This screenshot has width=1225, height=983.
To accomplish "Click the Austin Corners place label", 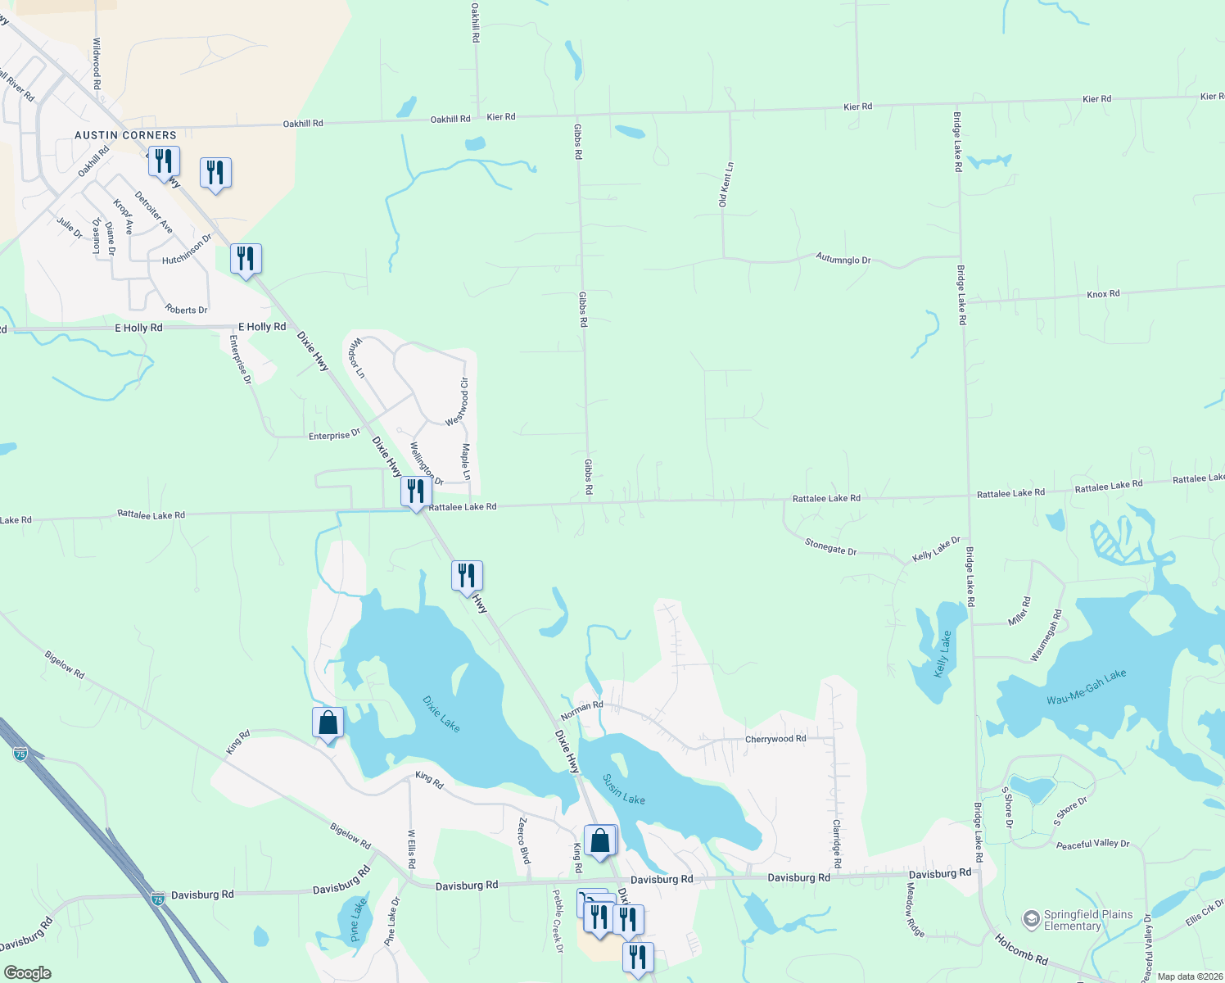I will coord(125,135).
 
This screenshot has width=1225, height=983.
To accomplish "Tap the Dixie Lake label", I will coord(441,713).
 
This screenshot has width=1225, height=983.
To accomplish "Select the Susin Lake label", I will coord(623,789).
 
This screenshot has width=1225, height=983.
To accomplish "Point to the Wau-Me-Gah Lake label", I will coord(1087,687).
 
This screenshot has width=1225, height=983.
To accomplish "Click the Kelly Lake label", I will coord(942,654).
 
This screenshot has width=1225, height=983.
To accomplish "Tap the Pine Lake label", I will coord(359,921).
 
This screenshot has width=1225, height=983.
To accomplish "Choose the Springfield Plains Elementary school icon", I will coord(1032,917).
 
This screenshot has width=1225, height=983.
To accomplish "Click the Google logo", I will coord(27,972).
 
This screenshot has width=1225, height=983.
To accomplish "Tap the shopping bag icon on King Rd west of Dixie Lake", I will coord(328,724).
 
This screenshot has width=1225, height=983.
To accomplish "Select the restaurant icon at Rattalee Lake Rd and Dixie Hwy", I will coord(416,492).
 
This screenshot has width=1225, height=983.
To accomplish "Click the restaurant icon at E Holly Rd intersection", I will coord(246,259).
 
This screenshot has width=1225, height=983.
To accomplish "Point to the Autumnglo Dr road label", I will coord(843,259).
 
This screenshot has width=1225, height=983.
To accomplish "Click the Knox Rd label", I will coord(1103,294).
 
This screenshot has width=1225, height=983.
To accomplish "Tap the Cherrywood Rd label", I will coord(775,739).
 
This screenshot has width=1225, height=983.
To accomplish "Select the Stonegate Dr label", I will coord(830,546).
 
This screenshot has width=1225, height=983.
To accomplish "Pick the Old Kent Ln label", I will coord(726,183).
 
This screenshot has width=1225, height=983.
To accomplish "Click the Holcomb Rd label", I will coord(1021,947).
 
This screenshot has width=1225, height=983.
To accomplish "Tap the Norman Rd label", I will coord(582,709).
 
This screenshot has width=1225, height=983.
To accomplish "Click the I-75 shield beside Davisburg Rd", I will coord(158,899).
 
